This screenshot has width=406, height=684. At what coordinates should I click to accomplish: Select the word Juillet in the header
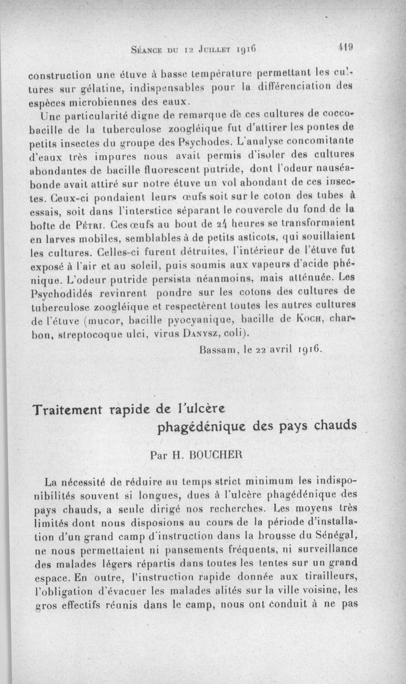click(212, 50)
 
